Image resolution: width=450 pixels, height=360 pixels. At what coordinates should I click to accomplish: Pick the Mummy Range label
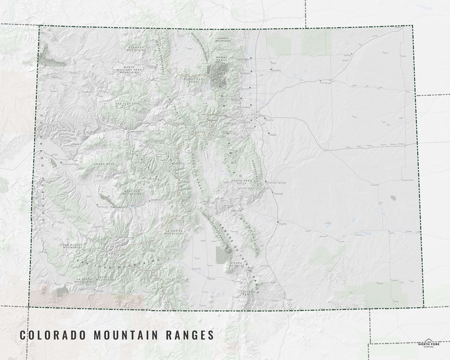(x=223, y=59)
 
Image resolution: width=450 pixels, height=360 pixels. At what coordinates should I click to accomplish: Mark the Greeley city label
(x=277, y=70)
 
